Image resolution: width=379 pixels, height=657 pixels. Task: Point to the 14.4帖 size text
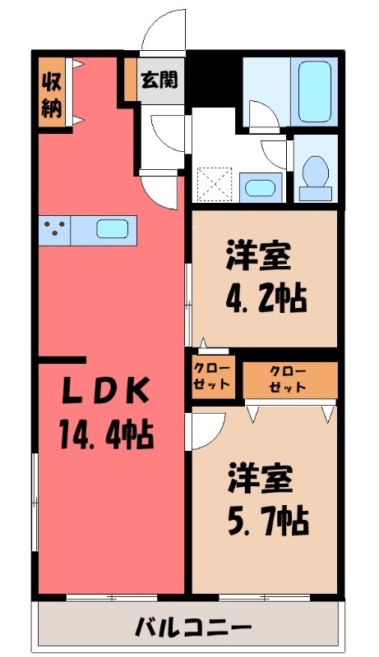[x=104, y=432]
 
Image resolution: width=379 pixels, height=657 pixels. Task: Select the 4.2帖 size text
[x=266, y=296]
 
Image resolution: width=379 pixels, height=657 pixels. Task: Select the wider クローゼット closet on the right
[x=289, y=378]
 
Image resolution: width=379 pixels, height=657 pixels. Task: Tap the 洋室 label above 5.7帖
[x=259, y=478]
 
